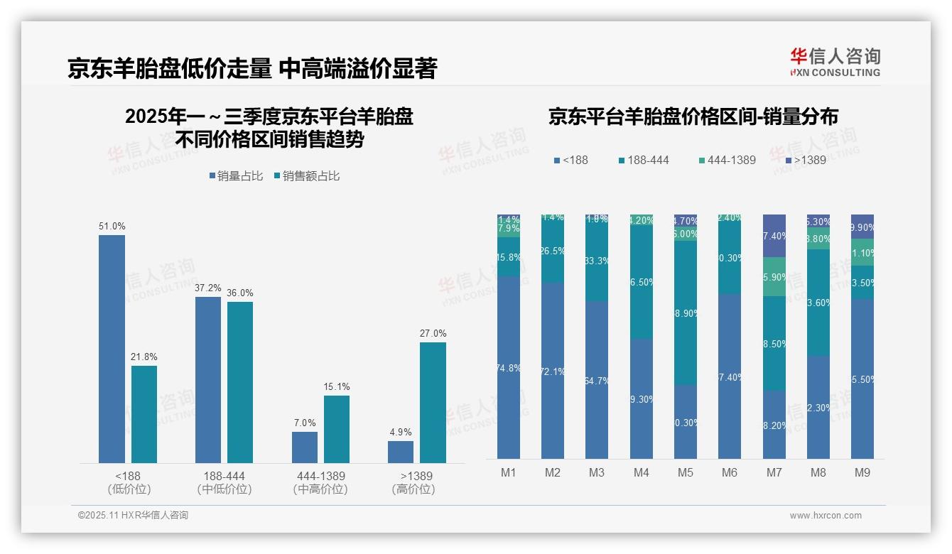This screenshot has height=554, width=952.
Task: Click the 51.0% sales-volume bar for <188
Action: (112, 349)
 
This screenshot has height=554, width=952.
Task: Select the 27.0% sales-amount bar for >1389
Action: (433, 403)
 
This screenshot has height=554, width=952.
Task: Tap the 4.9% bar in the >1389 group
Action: (401, 452)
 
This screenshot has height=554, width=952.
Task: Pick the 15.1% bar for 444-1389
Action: (337, 429)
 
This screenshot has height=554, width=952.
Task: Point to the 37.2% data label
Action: (208, 288)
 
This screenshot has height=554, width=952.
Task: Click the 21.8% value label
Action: (144, 357)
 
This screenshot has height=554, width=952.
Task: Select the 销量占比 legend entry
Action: (236, 176)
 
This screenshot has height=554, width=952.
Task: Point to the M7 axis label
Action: (774, 472)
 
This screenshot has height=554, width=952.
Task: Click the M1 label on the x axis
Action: (509, 472)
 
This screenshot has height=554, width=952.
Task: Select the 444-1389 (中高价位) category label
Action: (320, 482)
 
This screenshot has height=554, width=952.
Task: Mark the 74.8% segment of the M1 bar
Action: (509, 367)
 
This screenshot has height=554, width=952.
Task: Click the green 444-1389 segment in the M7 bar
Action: (774, 277)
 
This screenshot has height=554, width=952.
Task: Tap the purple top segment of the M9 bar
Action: (862, 226)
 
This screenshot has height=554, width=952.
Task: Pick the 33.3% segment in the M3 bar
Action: (597, 261)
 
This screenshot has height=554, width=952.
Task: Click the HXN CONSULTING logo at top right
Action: (835, 63)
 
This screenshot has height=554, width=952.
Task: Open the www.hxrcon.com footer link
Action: (826, 516)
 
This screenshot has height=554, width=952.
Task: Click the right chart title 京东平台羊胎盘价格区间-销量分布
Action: (693, 117)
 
